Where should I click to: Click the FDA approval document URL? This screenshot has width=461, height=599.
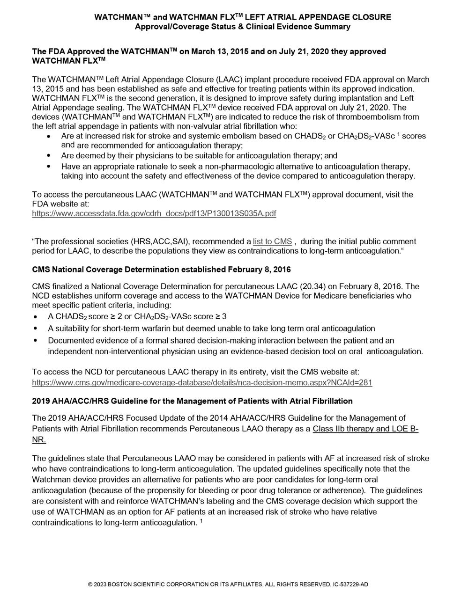(154, 214)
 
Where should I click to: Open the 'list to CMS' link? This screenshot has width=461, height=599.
(272, 241)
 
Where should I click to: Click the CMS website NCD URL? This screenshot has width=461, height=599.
(202, 382)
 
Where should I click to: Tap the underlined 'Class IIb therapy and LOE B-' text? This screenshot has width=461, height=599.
(365, 429)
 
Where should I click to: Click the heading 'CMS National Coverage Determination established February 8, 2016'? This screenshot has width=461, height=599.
(161, 270)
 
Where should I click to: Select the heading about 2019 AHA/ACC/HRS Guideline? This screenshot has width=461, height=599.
(192, 401)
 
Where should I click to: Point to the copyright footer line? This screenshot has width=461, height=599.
(230, 584)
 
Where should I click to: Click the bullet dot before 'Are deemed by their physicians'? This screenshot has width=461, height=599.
(50, 155)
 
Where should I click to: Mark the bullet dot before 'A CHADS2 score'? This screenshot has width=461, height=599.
(37, 317)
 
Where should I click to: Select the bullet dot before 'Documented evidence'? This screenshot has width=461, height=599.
(37, 340)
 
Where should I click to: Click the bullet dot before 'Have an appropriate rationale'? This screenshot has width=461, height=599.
(50, 167)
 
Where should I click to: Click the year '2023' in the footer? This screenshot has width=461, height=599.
(100, 584)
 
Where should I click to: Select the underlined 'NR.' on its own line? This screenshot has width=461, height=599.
(39, 440)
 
